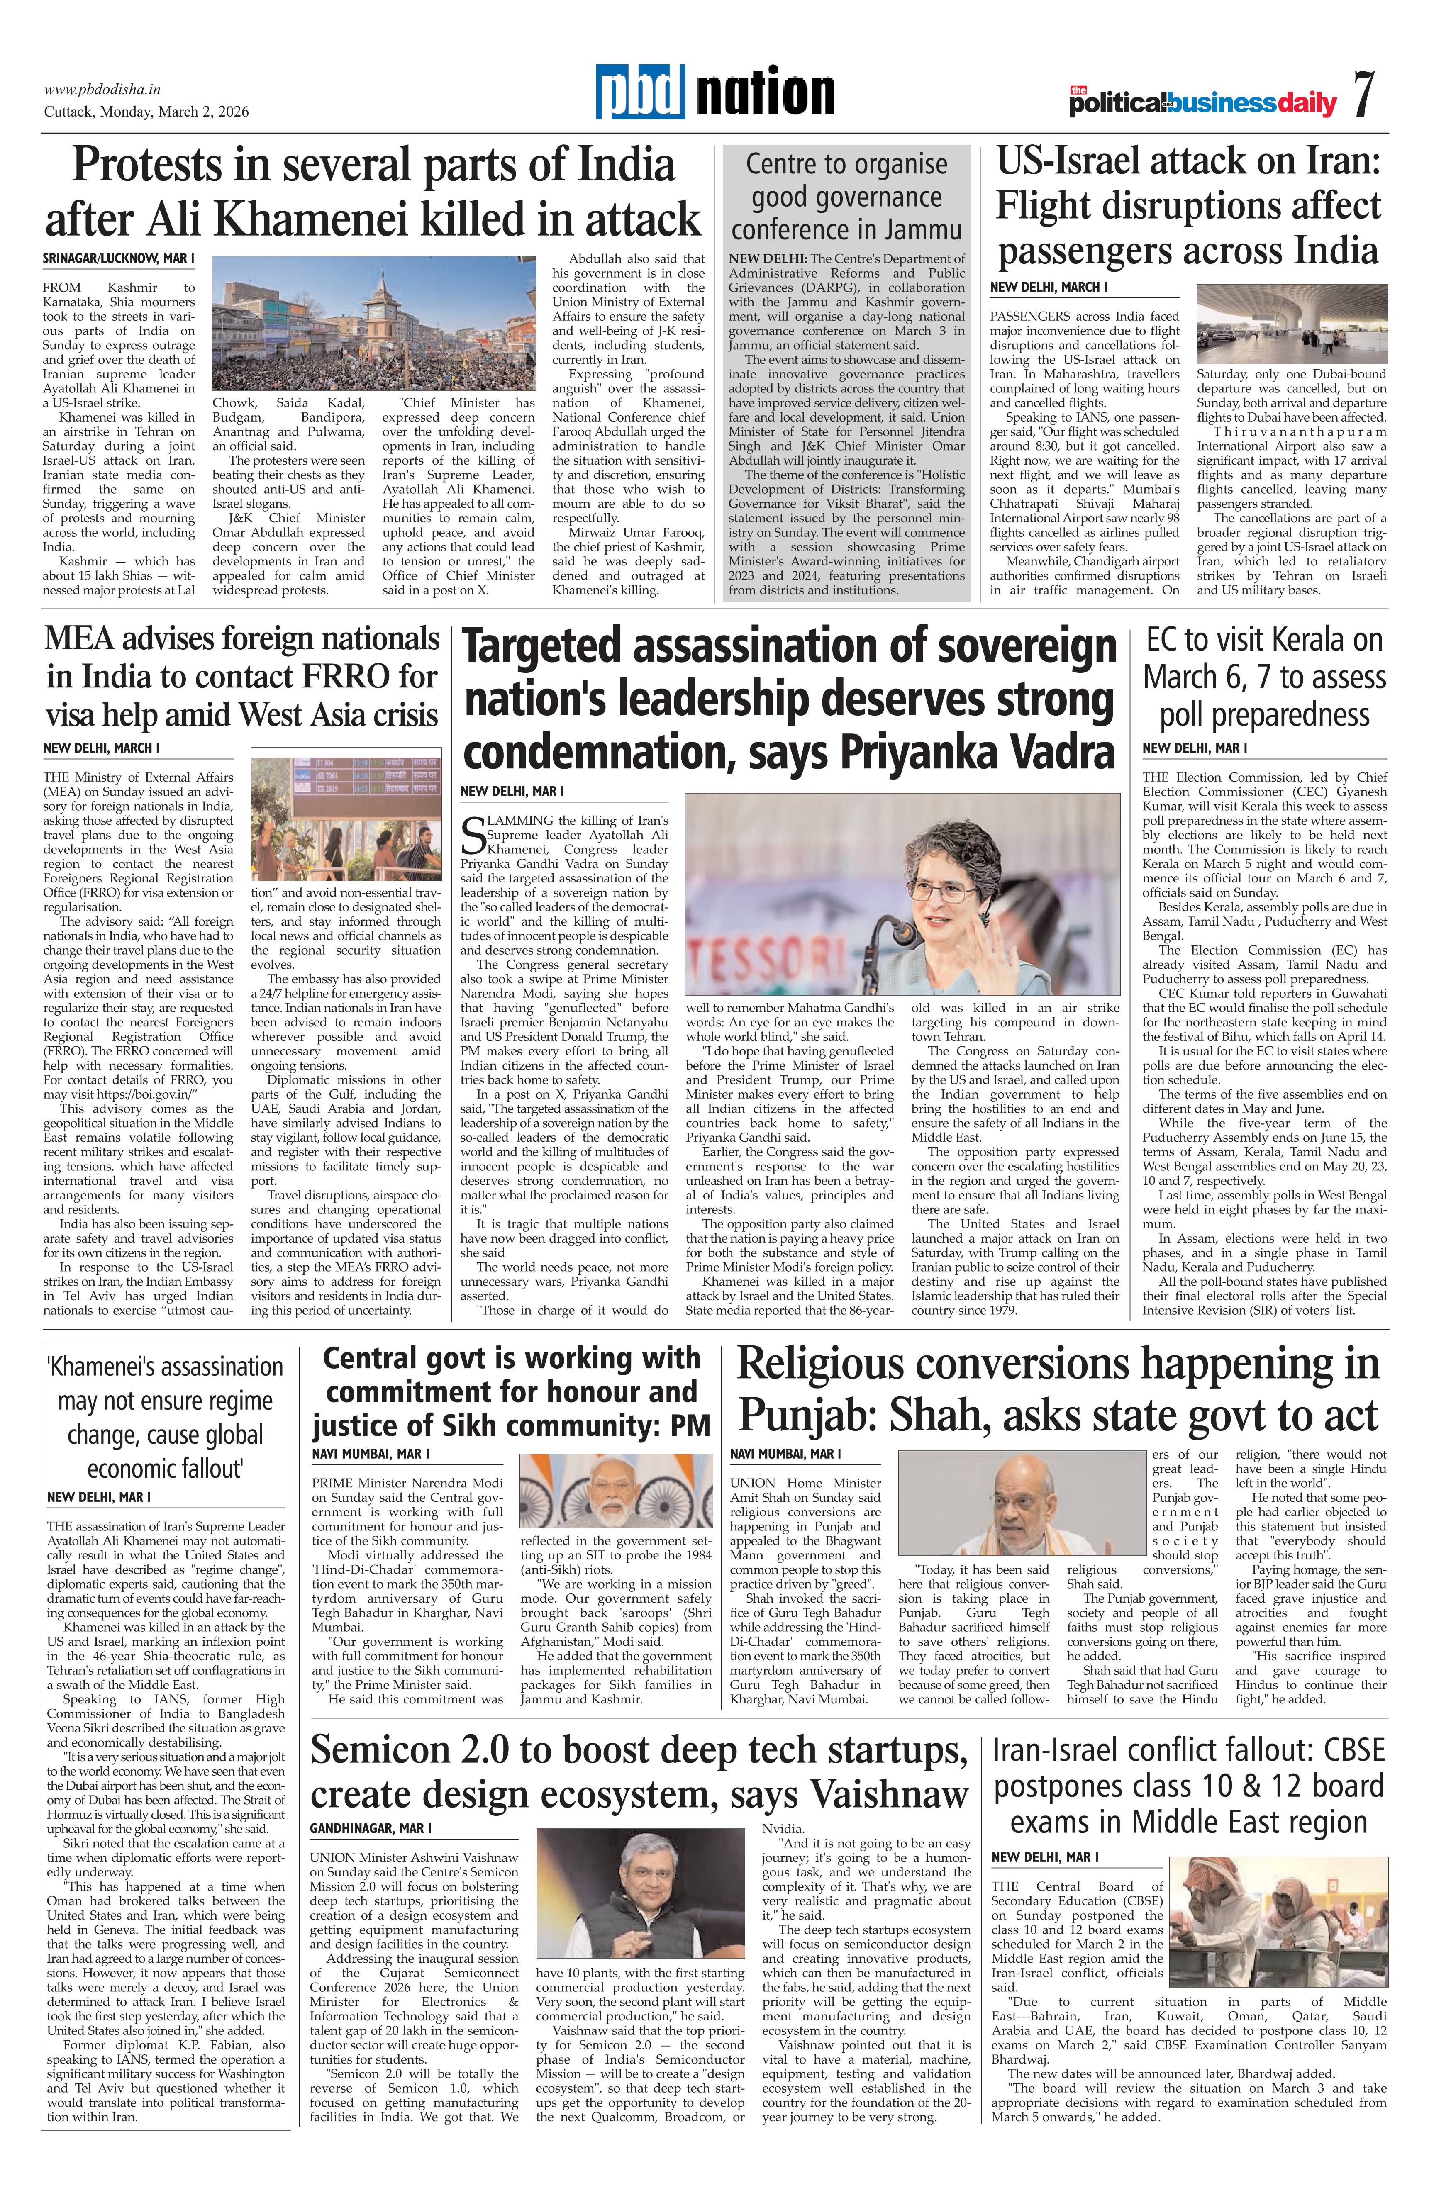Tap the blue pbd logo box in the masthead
coord(640,93)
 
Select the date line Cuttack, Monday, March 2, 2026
coord(146,112)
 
